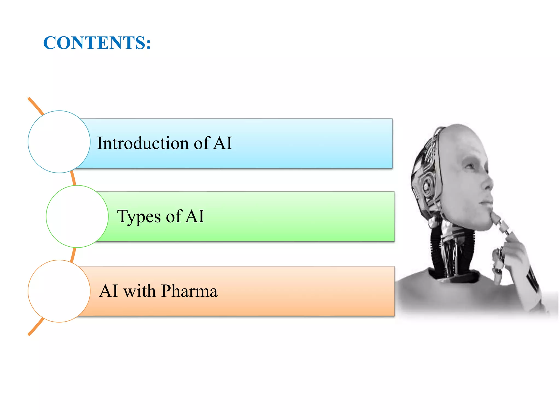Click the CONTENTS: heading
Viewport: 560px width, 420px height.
pyautogui.click(x=97, y=43)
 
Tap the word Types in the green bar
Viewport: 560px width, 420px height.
pyautogui.click(x=139, y=216)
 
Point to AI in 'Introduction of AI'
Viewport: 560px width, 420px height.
pyautogui.click(x=223, y=143)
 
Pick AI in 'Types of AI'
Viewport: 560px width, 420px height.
pyautogui.click(x=195, y=216)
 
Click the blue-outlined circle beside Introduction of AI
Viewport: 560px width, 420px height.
pyautogui.click(x=59, y=142)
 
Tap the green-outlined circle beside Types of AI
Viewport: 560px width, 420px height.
pyautogui.click(x=77, y=216)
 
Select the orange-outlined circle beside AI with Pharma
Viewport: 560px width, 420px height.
pyautogui.click(x=59, y=291)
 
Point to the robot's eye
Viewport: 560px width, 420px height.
pyautogui.click(x=471, y=165)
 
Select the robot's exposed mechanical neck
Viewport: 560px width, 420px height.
pyautogui.click(x=451, y=252)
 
